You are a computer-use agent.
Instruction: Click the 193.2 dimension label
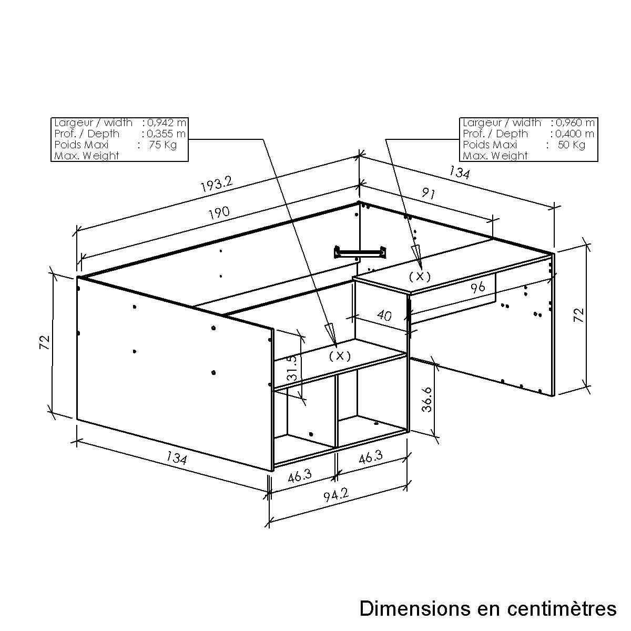217,185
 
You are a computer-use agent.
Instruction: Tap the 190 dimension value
219,213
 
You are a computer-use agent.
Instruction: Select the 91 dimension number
428,194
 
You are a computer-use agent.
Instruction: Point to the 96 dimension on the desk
478,287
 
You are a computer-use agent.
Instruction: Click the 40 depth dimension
384,315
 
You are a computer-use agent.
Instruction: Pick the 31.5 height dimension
292,368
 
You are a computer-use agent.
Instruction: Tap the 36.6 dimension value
427,400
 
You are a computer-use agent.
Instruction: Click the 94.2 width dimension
337,495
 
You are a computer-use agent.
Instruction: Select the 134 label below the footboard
177,457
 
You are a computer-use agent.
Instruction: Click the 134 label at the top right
459,172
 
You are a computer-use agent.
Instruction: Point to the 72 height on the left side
45,342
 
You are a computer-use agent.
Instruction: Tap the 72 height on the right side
579,315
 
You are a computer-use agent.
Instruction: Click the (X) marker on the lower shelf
340,355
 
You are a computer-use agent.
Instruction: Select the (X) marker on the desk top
420,277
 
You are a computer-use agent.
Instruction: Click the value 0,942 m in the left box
166,123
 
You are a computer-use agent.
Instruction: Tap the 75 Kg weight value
162,145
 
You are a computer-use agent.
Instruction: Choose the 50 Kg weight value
572,145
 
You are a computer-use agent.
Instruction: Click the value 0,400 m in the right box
575,134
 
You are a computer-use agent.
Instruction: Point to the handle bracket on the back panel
360,252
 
